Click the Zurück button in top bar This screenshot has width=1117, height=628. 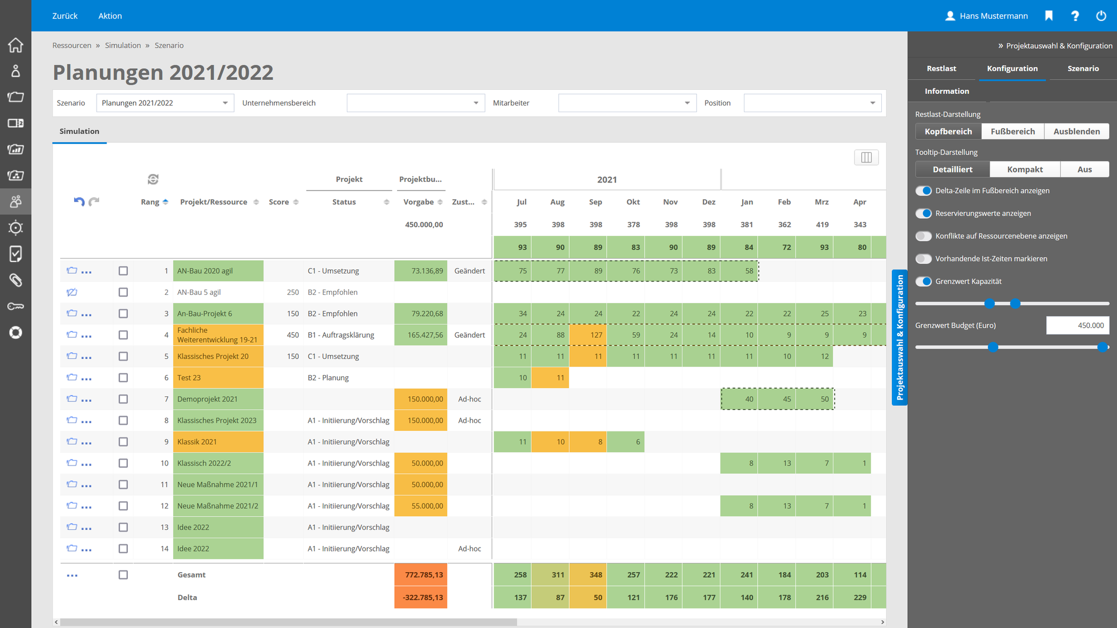65,16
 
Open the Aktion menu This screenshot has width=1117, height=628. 110,16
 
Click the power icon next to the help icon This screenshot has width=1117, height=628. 1101,16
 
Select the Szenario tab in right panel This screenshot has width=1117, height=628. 1082,69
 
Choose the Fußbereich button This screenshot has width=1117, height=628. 1013,131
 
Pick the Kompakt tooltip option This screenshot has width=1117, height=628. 1024,169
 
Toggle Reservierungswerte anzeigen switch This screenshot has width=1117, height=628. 924,213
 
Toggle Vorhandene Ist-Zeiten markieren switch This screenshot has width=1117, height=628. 924,258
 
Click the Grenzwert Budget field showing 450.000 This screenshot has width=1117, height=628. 1077,325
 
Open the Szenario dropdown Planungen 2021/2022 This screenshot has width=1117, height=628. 165,103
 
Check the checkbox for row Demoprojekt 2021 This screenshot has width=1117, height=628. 123,399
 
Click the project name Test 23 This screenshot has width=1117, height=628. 189,378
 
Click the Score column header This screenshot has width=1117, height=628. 279,202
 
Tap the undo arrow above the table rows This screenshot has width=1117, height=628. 79,202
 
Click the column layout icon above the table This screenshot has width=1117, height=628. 866,157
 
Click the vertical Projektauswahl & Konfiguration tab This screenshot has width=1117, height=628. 899,337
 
